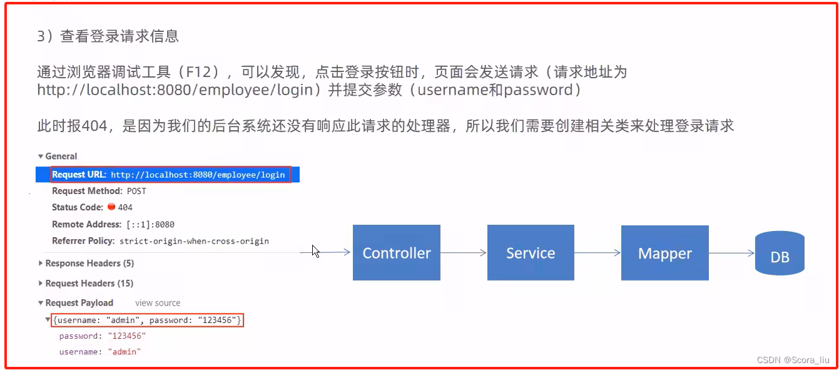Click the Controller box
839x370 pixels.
coord(396,253)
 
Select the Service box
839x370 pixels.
coord(531,253)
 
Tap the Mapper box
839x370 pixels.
coord(664,253)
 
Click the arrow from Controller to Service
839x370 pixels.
coord(464,253)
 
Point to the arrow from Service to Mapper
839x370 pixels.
coord(597,253)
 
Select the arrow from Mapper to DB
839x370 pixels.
coord(731,253)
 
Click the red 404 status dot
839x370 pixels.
coord(111,207)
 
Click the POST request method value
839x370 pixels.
coord(136,191)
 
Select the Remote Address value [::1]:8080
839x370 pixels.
coord(150,224)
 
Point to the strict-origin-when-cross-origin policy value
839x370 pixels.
coord(194,241)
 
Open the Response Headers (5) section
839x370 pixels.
coord(89,264)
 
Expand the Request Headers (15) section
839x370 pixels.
coord(89,284)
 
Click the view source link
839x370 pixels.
coord(158,303)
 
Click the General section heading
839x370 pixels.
coord(61,157)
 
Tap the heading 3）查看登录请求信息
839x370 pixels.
coord(108,36)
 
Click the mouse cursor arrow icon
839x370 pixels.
coord(316,252)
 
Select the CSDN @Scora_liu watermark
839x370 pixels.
coord(793,360)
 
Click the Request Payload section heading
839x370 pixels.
coord(79,303)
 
